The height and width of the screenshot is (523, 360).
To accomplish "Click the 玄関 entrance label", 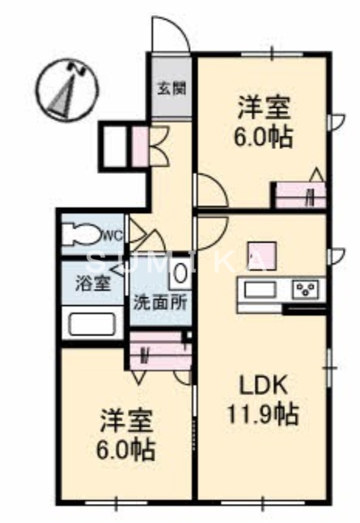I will click(171, 88).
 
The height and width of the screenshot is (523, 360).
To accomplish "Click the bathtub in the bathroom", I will click(92, 324).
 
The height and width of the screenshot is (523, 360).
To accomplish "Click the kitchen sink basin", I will click(261, 288).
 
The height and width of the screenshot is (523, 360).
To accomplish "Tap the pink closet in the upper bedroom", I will click(299, 195).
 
